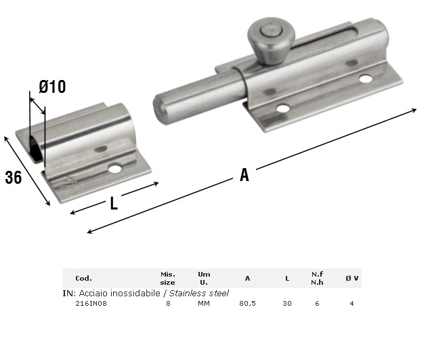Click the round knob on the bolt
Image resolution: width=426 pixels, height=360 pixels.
click(271, 41)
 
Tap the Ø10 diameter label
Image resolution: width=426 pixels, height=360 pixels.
click(52, 87)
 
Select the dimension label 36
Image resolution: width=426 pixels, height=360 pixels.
click(14, 177)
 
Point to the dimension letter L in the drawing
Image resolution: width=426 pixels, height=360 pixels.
click(114, 203)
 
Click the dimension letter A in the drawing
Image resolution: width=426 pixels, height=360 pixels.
click(244, 174)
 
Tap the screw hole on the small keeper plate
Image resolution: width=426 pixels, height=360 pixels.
click(115, 169)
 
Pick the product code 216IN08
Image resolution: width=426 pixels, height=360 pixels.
click(91, 304)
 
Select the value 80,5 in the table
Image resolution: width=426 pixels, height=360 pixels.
click(247, 304)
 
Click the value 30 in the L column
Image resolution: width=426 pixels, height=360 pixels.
click(287, 304)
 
